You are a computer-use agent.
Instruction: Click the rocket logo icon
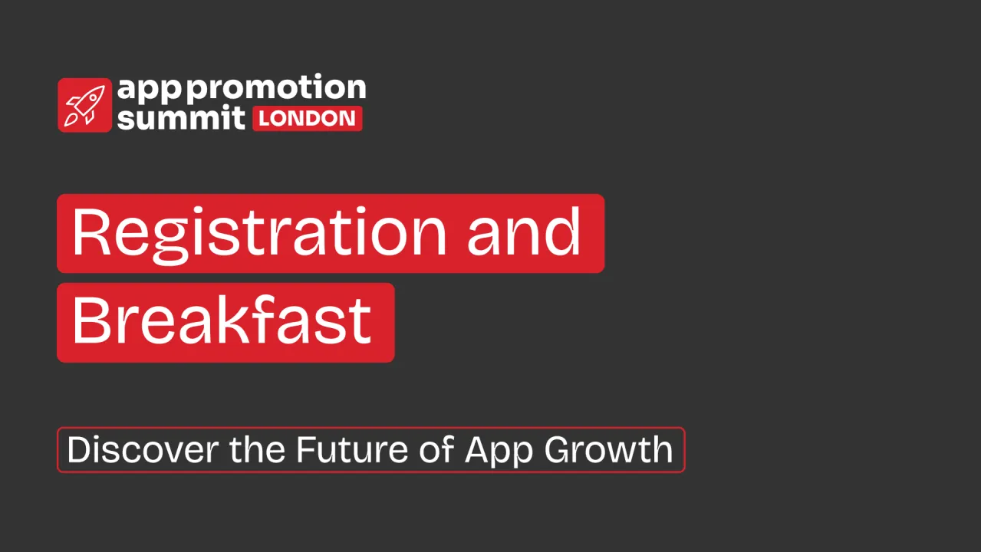click(x=84, y=105)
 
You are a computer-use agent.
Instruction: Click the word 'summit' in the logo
click(x=181, y=118)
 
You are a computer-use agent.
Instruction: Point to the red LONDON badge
click(x=307, y=119)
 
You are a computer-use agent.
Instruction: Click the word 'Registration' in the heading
click(x=259, y=233)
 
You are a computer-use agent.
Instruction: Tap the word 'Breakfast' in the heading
click(x=222, y=321)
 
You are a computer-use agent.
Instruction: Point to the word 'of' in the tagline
click(x=437, y=450)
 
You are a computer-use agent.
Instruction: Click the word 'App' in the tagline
click(x=498, y=451)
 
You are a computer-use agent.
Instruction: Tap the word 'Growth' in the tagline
click(x=609, y=450)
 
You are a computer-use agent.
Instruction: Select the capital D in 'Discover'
click(x=79, y=450)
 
